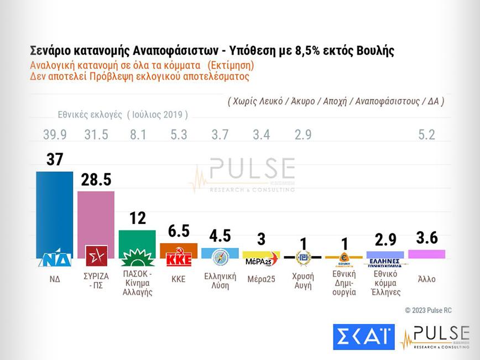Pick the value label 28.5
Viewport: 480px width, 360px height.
(96, 180)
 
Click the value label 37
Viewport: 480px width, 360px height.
(54, 160)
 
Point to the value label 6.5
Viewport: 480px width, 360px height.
(178, 231)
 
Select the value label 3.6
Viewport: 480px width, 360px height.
(426, 238)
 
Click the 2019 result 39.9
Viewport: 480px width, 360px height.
(54, 135)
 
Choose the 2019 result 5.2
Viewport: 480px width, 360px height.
(426, 135)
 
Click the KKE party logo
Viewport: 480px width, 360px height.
(178, 258)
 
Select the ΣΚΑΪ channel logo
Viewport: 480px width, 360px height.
(363, 337)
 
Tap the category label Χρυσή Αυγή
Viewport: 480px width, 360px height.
(302, 280)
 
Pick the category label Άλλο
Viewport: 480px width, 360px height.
(426, 279)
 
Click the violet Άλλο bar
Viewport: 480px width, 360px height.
(426, 254)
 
